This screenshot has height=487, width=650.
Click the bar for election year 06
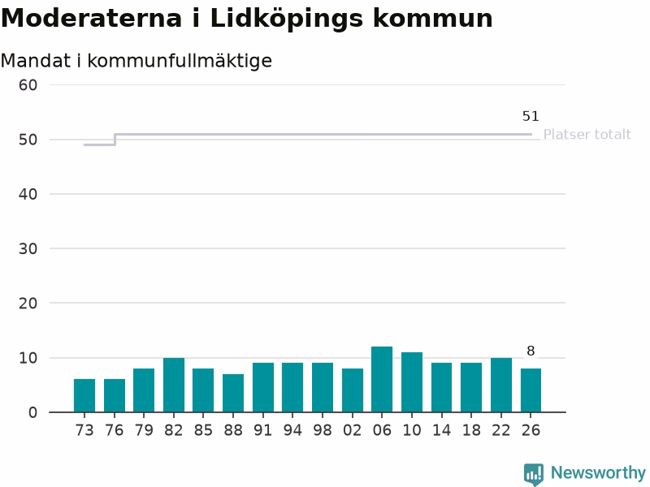[x=382, y=379]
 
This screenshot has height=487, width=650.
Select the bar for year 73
[x=84, y=395]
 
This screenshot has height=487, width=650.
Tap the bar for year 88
[x=233, y=393]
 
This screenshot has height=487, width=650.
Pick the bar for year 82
[x=174, y=385]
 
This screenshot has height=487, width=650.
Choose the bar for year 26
[x=531, y=390]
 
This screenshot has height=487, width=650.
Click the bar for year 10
[x=412, y=382]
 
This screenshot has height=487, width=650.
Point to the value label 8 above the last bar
[x=531, y=351]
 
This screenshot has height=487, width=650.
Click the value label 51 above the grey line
[x=531, y=116]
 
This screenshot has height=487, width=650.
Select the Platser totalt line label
[x=587, y=135]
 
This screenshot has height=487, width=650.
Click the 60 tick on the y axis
[x=28, y=85]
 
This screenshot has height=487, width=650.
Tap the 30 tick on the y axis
[x=28, y=249]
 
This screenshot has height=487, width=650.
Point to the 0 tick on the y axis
[x=32, y=412]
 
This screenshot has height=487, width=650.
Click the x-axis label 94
[x=292, y=430]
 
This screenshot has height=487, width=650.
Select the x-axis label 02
[x=353, y=430]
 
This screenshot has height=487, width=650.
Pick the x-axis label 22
[x=501, y=430]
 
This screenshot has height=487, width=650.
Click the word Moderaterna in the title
[x=92, y=19]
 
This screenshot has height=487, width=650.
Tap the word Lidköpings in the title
[x=287, y=19]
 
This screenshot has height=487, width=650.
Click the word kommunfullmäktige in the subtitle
[x=180, y=61]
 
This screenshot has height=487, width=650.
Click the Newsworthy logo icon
[x=534, y=474]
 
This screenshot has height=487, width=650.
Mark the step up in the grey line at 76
[x=115, y=140]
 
